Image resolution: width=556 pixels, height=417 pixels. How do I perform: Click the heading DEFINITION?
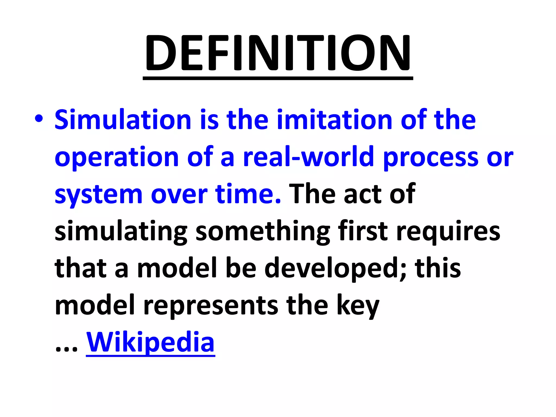(x=278, y=53)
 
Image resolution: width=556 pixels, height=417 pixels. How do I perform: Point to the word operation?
(x=117, y=157)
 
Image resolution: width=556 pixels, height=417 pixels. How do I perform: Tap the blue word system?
(x=99, y=195)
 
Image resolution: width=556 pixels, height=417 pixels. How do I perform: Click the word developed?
(x=335, y=269)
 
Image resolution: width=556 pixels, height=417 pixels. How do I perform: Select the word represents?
(x=211, y=306)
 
